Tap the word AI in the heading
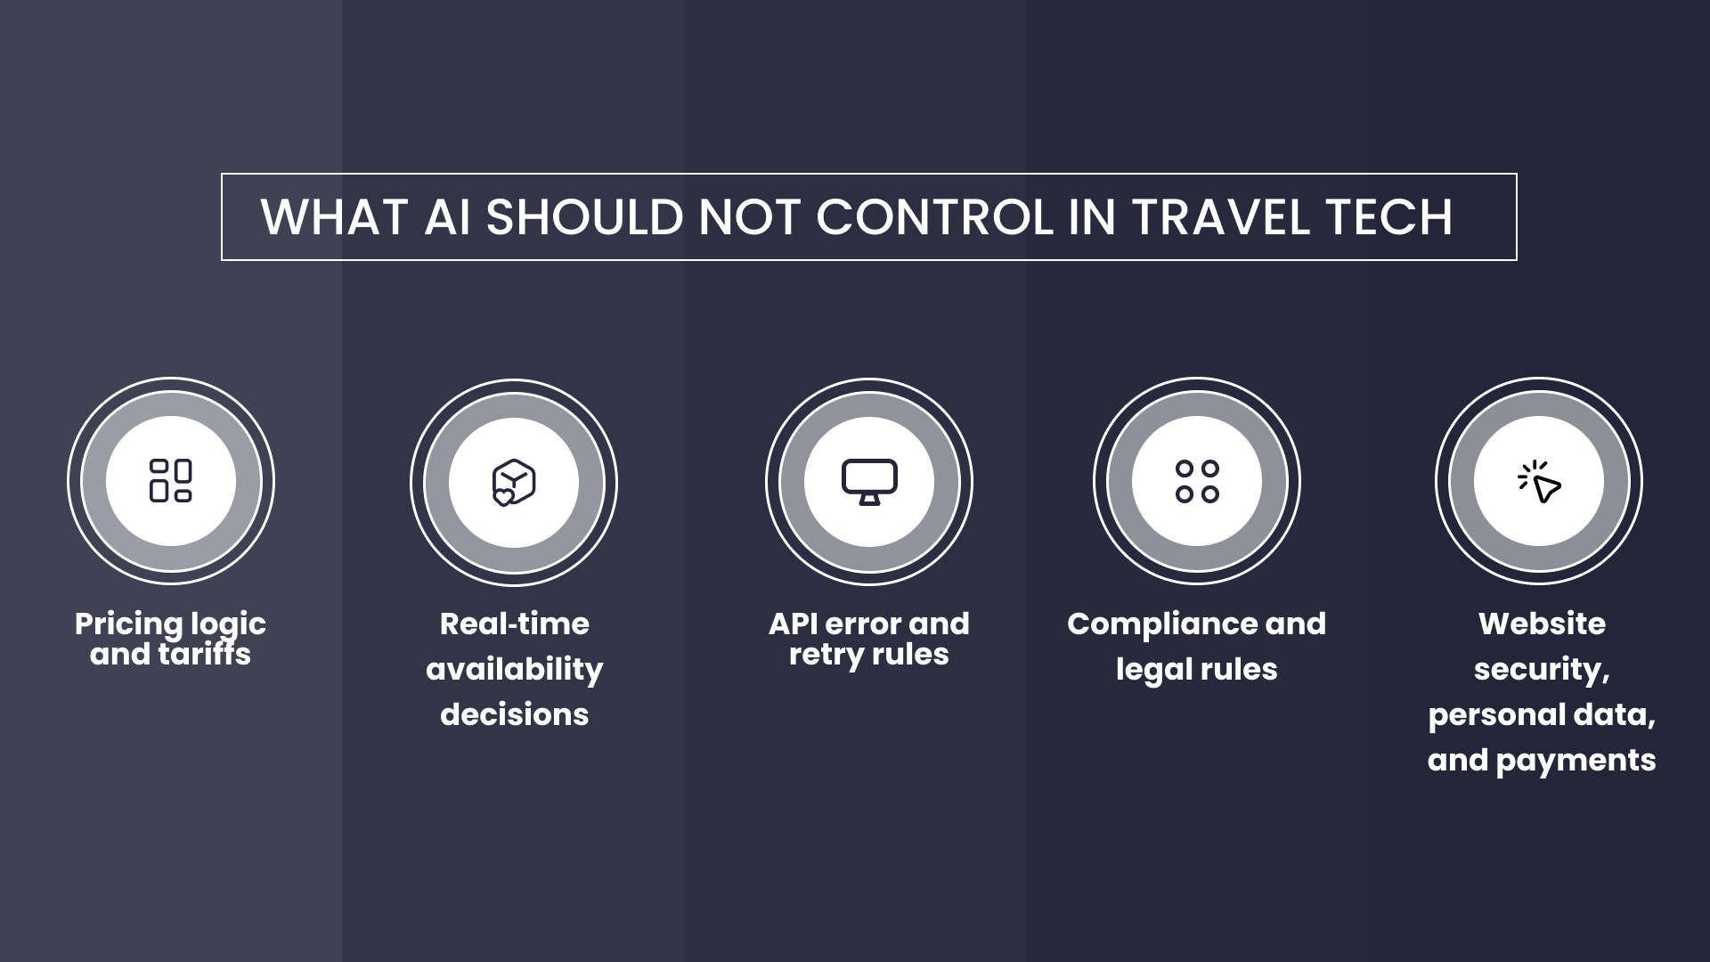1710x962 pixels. coord(447,216)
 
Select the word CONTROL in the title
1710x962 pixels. coord(934,216)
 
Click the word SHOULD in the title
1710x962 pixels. coord(584,216)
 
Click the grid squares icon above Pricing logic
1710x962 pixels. coord(171,481)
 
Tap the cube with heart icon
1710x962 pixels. coord(514,482)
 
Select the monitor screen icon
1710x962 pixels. coord(869,481)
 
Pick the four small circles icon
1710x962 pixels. coord(1197,481)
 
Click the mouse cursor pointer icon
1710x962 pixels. coord(1540,482)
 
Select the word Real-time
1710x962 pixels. coord(514,624)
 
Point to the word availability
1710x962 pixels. coord(514,669)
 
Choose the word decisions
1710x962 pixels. coord(514,714)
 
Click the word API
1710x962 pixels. coord(793,624)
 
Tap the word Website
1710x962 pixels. coord(1542,624)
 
